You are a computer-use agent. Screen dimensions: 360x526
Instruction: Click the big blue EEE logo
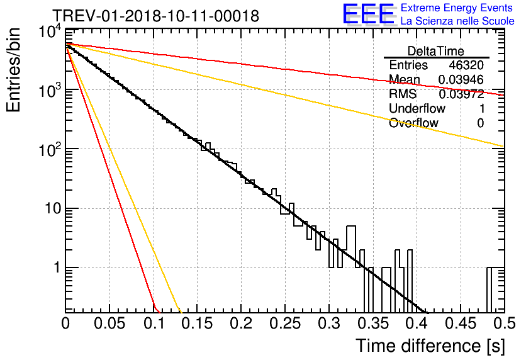coord(368,15)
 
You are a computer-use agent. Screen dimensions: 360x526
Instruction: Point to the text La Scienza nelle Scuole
coord(457,21)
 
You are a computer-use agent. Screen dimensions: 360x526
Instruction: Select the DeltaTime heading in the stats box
coord(436,51)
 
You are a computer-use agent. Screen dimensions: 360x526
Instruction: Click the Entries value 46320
coord(466,65)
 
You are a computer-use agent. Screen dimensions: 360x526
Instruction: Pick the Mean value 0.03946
coord(461,80)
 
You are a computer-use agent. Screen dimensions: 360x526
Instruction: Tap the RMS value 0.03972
coord(461,94)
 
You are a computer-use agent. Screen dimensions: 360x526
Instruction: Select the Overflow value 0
coord(480,123)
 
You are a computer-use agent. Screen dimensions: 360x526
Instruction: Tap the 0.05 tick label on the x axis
coord(109,323)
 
